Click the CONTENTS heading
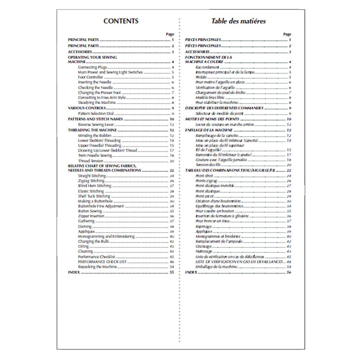pos(121,21)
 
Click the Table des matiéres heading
pos(238,21)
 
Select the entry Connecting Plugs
pos(87,67)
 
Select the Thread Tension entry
pos(89,161)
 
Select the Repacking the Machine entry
pos(97,267)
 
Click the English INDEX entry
pos(73,273)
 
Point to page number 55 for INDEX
pos(172,273)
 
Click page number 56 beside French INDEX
pos(289,273)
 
